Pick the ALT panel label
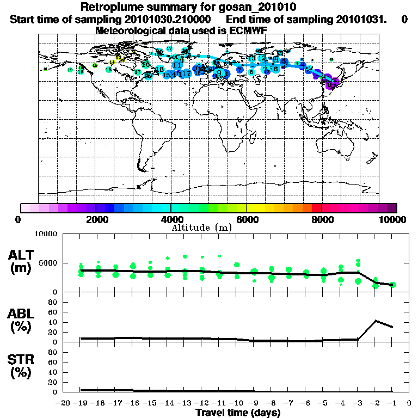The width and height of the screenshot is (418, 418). point(22,254)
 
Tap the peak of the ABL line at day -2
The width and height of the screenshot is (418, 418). point(376,321)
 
